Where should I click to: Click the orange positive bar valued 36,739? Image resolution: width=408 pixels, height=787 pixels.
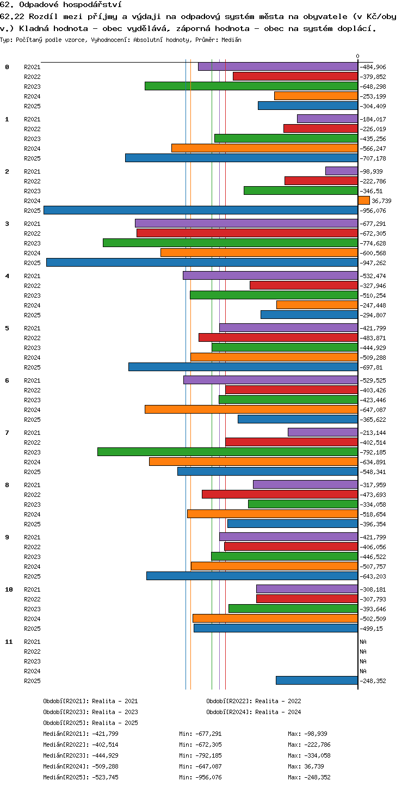click(x=364, y=201)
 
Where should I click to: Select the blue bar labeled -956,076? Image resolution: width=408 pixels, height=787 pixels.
click(x=201, y=211)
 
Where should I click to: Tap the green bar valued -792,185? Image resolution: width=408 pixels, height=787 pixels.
click(x=228, y=452)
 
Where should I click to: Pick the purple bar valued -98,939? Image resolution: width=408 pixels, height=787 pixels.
click(x=342, y=171)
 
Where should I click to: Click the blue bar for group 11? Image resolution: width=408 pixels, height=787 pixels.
click(x=317, y=680)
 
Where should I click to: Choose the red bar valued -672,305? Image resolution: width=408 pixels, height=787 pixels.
click(x=248, y=233)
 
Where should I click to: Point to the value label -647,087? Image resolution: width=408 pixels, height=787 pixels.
click(x=373, y=410)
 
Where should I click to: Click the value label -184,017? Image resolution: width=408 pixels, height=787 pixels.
click(x=373, y=119)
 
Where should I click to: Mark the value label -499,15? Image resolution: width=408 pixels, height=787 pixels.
click(x=372, y=629)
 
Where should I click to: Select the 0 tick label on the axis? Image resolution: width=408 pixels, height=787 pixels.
click(x=357, y=56)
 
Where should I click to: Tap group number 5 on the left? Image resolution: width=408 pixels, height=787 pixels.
click(x=7, y=328)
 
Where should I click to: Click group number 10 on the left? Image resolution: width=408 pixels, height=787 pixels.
click(x=9, y=589)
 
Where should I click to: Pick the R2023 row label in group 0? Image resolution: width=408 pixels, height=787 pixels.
click(x=32, y=87)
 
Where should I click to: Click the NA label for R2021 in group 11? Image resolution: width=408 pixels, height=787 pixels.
click(x=363, y=642)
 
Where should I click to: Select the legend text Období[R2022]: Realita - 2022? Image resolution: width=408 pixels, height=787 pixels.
click(x=254, y=701)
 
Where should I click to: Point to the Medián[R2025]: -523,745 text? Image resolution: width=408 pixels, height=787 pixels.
click(x=81, y=777)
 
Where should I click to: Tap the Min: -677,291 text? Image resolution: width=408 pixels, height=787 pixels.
click(x=200, y=734)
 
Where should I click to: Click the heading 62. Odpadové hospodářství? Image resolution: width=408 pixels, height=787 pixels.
click(x=61, y=4)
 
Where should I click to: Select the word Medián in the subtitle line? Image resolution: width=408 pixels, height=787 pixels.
click(x=231, y=40)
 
